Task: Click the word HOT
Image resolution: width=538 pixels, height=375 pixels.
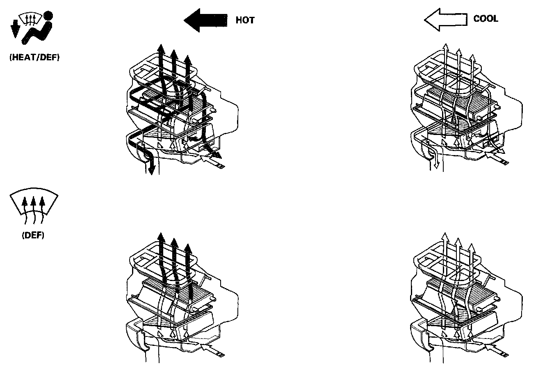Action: click(245, 20)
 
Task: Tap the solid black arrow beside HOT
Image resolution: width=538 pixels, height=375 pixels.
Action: click(205, 20)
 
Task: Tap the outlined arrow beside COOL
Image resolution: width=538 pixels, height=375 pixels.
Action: click(445, 20)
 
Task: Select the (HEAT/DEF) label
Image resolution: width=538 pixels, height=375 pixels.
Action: click(34, 58)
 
